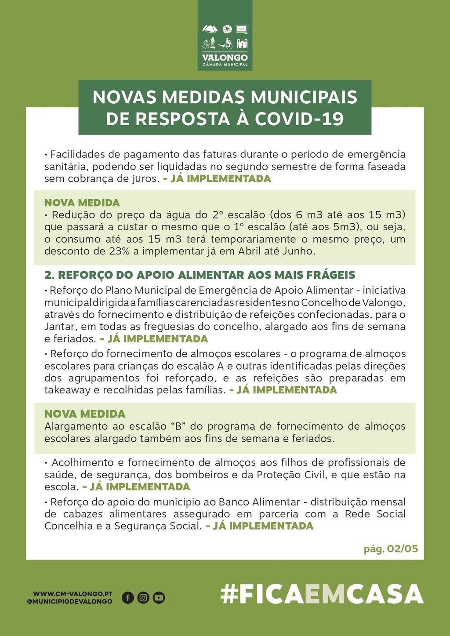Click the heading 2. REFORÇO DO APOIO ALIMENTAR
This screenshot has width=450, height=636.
(200, 275)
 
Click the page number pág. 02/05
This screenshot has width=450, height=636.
(391, 549)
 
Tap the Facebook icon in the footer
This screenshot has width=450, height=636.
(127, 597)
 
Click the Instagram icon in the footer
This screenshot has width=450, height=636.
(143, 597)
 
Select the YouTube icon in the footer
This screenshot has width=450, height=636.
(159, 597)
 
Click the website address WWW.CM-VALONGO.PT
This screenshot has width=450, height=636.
(73, 594)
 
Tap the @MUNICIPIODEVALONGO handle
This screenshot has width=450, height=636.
(69, 601)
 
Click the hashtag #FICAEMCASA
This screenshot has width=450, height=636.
(322, 595)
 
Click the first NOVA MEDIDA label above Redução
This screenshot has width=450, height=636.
(82, 203)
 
